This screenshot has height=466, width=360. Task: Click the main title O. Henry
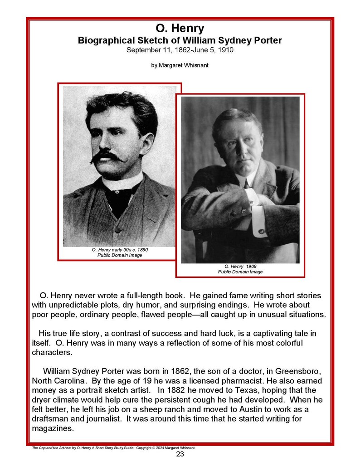(180, 29)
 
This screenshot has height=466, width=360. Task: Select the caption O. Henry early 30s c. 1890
(120, 250)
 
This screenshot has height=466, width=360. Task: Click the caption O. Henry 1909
(240, 266)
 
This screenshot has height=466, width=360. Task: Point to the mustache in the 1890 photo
(107, 156)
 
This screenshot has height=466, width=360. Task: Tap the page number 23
(180, 455)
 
